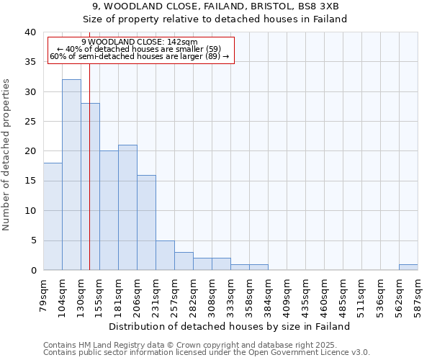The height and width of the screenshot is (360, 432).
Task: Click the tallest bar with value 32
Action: coord(71,175)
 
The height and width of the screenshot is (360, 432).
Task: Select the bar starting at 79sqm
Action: coord(53,216)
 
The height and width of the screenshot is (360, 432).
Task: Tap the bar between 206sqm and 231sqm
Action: coord(146,222)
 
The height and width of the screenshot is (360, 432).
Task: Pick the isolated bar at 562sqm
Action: coord(408,267)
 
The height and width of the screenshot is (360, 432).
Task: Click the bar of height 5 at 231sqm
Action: coord(165,255)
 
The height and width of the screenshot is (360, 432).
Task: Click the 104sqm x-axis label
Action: coord(63,294)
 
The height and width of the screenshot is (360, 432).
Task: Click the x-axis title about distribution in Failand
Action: coord(231,326)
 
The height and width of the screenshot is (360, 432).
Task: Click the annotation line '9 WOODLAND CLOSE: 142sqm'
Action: coord(139,42)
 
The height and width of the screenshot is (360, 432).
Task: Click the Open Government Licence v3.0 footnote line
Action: coord(207,353)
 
